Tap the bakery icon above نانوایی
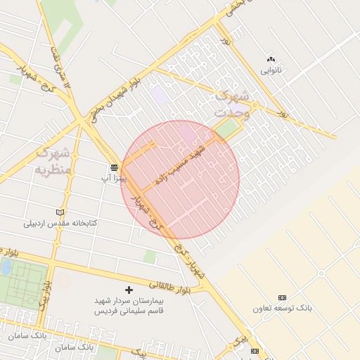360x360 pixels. tap(271, 59)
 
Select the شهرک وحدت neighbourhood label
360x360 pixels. tap(231, 102)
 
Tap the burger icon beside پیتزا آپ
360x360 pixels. tap(113, 167)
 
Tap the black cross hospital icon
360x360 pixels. tap(129, 290)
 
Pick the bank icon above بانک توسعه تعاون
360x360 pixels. tap(283, 297)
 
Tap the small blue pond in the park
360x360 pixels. tap(6, 267)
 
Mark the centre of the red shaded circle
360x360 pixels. tap(180, 179)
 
